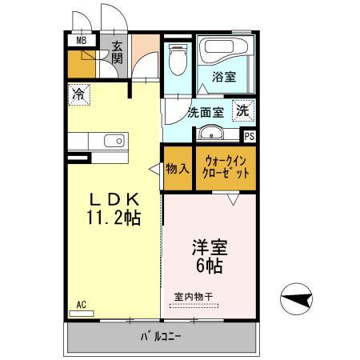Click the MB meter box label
click(x=82, y=40)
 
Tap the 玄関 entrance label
click(x=117, y=52)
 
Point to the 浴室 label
click(x=224, y=78)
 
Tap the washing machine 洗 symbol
click(x=242, y=110)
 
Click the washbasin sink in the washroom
click(x=210, y=133)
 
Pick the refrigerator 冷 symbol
click(x=78, y=94)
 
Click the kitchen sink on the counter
click(x=114, y=142)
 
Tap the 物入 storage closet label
click(x=177, y=169)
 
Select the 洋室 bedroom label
click(x=206, y=248)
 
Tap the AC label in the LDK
click(x=82, y=305)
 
